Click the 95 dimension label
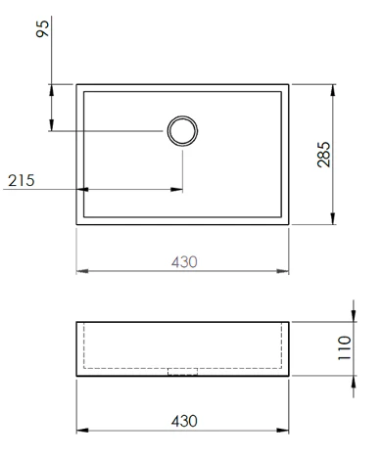click(42, 28)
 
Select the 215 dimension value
click(22, 180)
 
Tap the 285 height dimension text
click(324, 155)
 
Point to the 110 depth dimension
click(345, 347)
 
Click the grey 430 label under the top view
click(184, 262)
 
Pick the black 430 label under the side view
click(184, 421)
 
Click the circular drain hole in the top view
click(182, 131)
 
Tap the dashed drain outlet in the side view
click(182, 372)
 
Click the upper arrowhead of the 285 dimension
click(333, 90)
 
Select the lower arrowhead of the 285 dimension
click(333, 218)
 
